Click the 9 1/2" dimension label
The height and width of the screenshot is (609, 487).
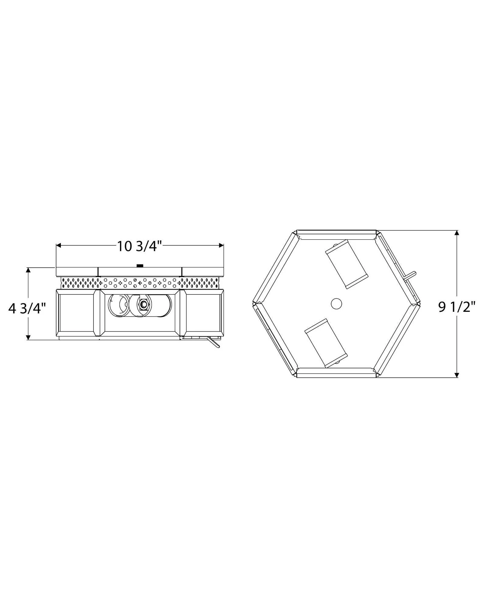pyautogui.click(x=457, y=307)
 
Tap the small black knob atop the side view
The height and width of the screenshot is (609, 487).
pyautogui.click(x=140, y=266)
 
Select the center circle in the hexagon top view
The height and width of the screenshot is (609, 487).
pyautogui.click(x=336, y=304)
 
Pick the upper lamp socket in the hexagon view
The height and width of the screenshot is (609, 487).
pyautogui.click(x=347, y=264)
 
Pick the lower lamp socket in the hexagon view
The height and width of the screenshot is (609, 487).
pyautogui.click(x=326, y=343)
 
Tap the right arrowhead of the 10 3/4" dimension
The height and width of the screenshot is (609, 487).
pyautogui.click(x=221, y=245)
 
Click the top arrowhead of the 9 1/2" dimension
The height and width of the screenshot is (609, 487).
pyautogui.click(x=456, y=233)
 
